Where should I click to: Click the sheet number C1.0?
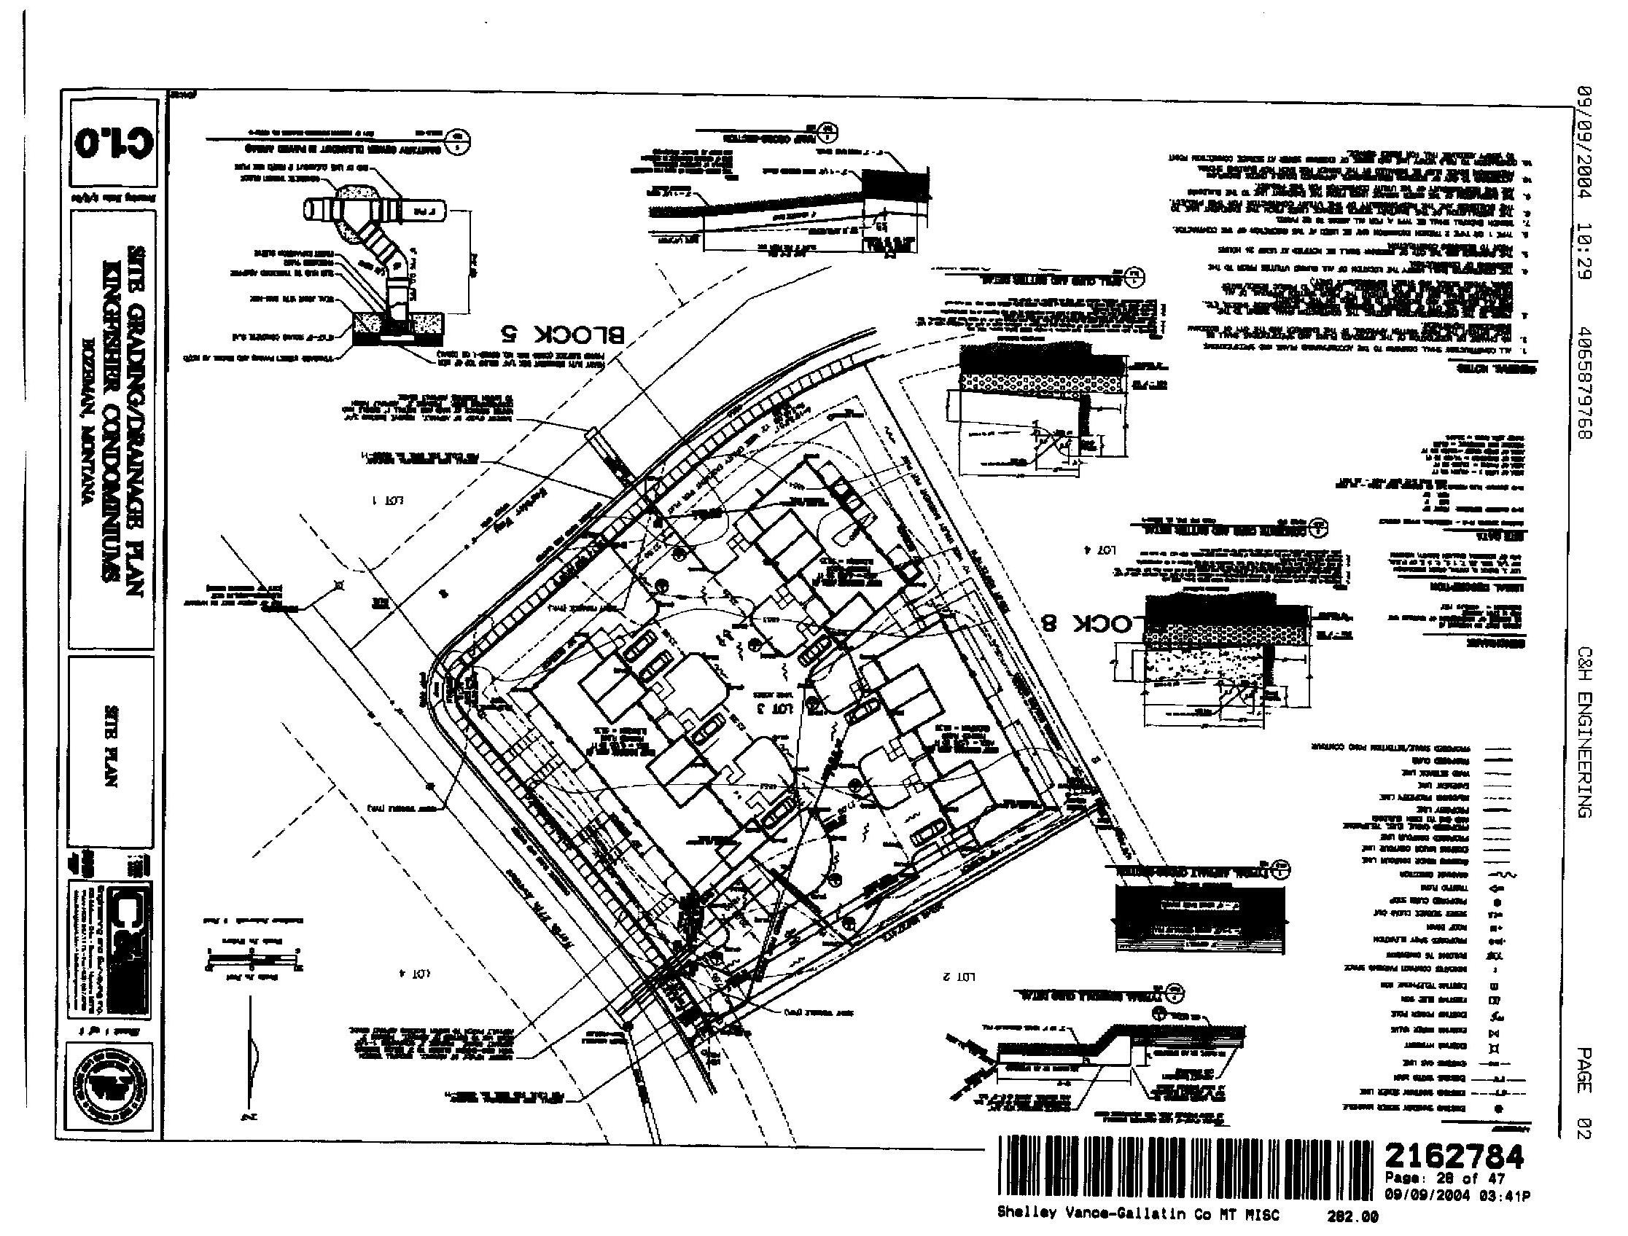point(114,141)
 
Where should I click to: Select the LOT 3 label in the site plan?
point(774,708)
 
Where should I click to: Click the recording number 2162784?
point(1454,1157)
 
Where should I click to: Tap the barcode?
point(1185,1165)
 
